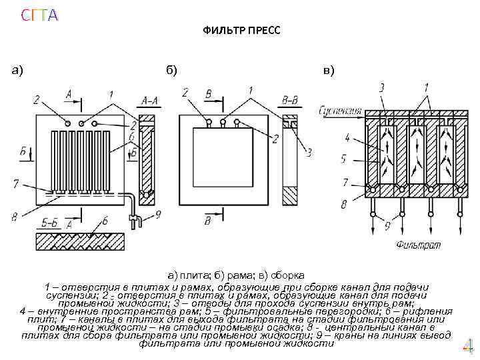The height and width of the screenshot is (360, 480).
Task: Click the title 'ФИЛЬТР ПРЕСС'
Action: (242, 31)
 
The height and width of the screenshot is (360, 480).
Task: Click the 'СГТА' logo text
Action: (38, 15)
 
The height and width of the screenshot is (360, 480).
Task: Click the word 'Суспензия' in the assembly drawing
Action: (340, 109)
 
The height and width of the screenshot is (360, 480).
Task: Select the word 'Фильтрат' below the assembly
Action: (419, 245)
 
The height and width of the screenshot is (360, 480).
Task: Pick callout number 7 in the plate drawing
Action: (14, 183)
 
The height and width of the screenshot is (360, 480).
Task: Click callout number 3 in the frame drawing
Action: (309, 153)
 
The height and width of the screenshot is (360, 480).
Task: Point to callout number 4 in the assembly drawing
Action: (347, 139)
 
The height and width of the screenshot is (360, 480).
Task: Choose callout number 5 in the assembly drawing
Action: (344, 159)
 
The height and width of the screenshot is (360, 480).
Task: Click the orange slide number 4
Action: (467, 347)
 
